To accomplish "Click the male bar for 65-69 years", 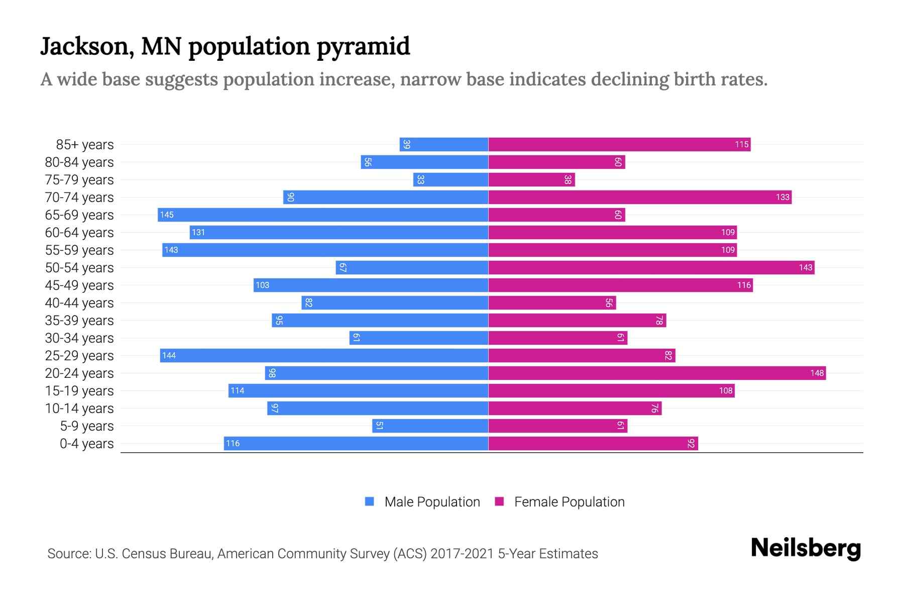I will pyautogui.click(x=323, y=215).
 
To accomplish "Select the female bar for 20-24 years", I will pyautogui.click(x=657, y=373).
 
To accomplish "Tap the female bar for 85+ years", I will pyautogui.click(x=619, y=144).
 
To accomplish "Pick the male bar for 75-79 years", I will pyautogui.click(x=450, y=179).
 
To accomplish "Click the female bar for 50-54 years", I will pyautogui.click(x=651, y=267).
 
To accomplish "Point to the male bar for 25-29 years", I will pyautogui.click(x=324, y=355).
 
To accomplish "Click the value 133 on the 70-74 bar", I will pyautogui.click(x=782, y=197).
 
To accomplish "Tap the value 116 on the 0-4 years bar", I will pyautogui.click(x=233, y=443).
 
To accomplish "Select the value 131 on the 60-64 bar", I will pyautogui.click(x=198, y=232).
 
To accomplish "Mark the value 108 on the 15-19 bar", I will pyautogui.click(x=726, y=390).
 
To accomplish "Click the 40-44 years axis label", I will pyautogui.click(x=79, y=303).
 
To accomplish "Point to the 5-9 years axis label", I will pyautogui.click(x=87, y=426).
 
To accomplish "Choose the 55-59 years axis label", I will pyautogui.click(x=79, y=250).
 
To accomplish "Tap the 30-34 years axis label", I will pyautogui.click(x=79, y=338).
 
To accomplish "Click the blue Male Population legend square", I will pyautogui.click(x=370, y=501).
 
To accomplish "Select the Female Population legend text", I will pyautogui.click(x=569, y=501).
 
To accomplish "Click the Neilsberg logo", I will pyautogui.click(x=806, y=548).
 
